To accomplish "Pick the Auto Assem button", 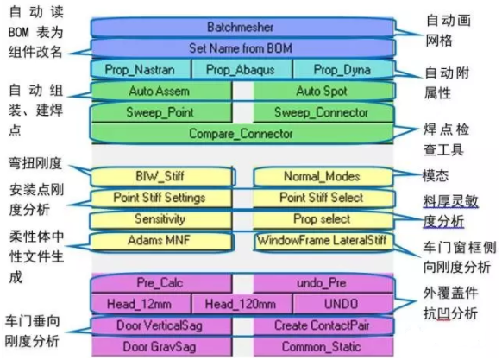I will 159,90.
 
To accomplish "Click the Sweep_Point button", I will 159,111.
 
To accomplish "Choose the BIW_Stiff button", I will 159,176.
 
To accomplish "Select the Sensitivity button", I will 159,219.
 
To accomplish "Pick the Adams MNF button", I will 159,241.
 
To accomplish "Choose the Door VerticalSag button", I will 159,325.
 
